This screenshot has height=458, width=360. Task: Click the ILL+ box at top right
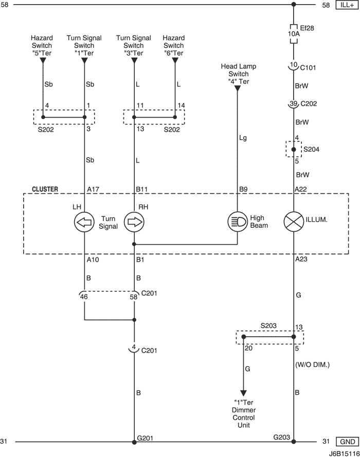point(347,5)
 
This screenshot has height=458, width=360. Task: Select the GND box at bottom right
point(348,442)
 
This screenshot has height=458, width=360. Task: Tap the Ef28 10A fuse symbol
point(294,33)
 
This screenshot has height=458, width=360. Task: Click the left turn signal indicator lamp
point(84,222)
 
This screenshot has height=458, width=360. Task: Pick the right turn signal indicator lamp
point(134,222)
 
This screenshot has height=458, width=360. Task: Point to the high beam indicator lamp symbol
point(238,222)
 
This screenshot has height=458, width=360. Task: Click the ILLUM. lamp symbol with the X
point(294,222)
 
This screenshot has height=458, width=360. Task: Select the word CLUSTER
point(45,189)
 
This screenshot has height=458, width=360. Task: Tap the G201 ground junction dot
point(134,442)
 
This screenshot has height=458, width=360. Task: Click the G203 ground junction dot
point(294,442)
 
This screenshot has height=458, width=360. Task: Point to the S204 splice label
point(311,150)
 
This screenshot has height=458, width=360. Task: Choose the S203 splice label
point(268,326)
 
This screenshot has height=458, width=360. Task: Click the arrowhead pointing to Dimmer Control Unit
point(243,393)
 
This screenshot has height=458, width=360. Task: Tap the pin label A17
point(93,190)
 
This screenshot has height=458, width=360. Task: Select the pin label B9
point(243,190)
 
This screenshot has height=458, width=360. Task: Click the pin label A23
point(301,259)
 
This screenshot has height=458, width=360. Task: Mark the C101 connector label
point(308,68)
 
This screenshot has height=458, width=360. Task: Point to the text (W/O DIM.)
point(312,365)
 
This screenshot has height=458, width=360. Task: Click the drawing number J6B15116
point(344,454)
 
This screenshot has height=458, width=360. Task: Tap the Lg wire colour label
point(243,138)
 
